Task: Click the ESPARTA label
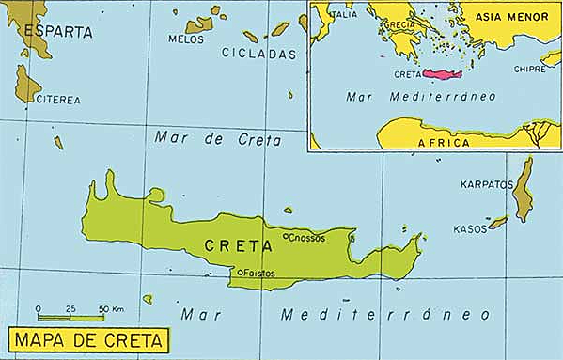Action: [58, 32]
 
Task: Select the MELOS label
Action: [185, 39]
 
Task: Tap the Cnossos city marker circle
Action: [286, 238]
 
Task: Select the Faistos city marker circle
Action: [240, 273]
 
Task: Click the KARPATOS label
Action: [485, 185]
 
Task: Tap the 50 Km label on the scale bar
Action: [111, 308]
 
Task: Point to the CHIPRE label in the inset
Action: [528, 69]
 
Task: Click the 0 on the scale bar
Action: [39, 308]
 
